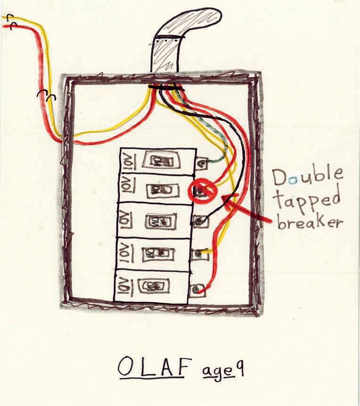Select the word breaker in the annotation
(309, 222)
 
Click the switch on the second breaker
(162, 191)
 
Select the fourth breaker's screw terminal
(200, 254)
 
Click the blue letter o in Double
(295, 179)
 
